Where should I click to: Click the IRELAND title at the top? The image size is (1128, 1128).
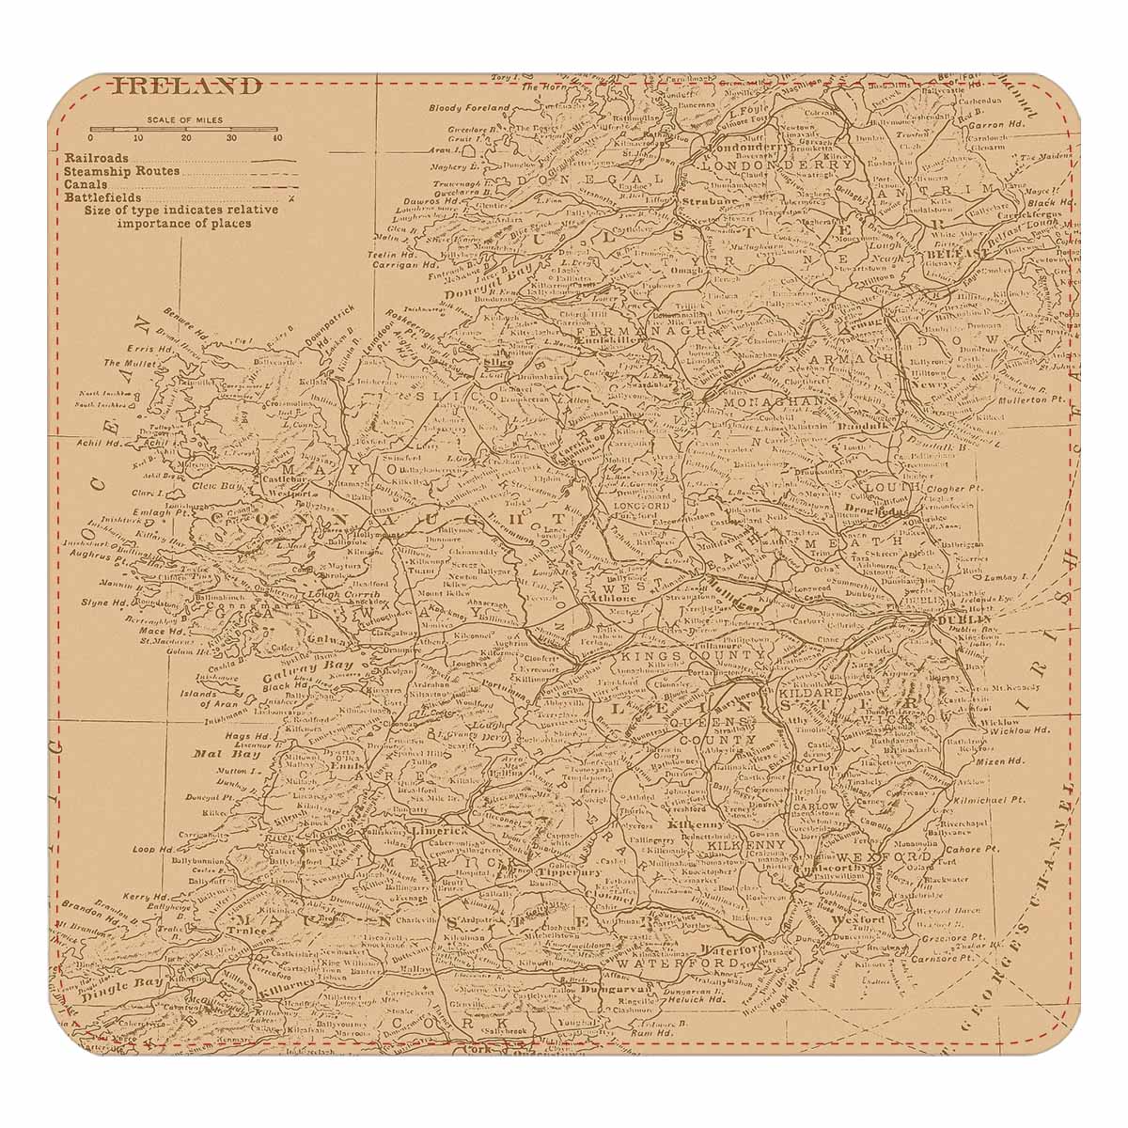click(x=186, y=87)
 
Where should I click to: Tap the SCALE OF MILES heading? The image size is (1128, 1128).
click(x=184, y=120)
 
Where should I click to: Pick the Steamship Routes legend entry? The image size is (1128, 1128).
click(x=122, y=172)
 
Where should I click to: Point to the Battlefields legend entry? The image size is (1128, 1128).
click(x=103, y=198)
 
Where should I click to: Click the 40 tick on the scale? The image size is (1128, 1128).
click(x=276, y=138)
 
